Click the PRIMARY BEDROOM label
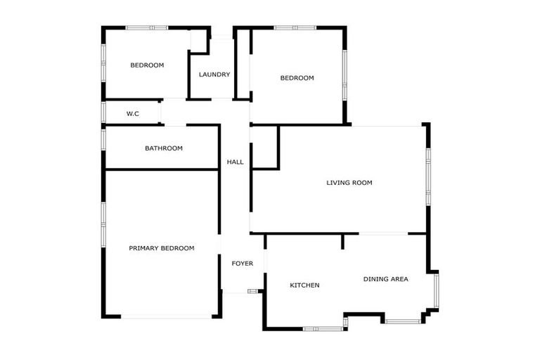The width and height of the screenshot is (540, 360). coord(162,248)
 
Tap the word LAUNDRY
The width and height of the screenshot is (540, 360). coord(214,75)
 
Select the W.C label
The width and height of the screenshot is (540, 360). coord(133,113)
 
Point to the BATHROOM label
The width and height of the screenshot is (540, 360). coord(164,148)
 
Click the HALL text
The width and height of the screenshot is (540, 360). coord(235,162)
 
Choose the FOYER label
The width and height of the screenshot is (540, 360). coord(243,264)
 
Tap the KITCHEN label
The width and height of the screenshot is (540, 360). coord(305,285)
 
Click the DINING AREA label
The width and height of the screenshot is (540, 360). coord(386,279)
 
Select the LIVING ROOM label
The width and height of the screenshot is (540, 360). coord(349,183)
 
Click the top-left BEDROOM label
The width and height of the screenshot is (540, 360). coord(147,65)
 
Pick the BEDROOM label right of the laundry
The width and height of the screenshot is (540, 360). coord(297,78)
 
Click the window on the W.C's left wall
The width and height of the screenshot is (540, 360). coord(103,112)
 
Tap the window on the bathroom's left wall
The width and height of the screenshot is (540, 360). coord(103,137)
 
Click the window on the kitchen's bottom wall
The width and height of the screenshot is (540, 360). coord(323,328)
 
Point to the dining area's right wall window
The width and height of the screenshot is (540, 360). coord(437,290)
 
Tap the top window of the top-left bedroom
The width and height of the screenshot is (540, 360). coord(147,27)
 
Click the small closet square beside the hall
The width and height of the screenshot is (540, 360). coord(264,148)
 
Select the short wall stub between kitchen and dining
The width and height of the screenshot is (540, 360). coord(342,241)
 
